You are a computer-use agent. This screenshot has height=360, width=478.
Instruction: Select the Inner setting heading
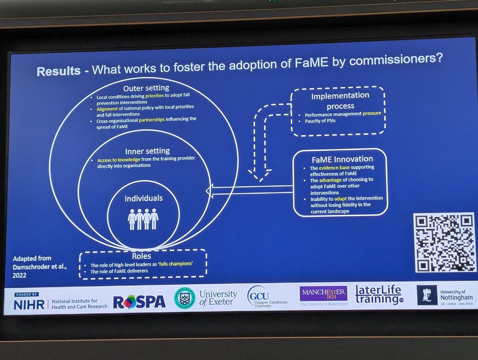147,151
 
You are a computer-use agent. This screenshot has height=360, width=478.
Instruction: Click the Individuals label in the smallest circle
143,198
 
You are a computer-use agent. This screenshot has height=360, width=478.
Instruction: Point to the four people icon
143,219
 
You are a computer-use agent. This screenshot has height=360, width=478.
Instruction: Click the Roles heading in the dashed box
141,257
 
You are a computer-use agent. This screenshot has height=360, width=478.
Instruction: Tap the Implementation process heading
340,101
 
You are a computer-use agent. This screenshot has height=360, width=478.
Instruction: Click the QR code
444,243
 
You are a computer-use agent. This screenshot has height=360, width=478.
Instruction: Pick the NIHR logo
32,304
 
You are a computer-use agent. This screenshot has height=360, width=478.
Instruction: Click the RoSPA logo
139,302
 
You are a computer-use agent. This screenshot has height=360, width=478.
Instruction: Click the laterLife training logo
378,295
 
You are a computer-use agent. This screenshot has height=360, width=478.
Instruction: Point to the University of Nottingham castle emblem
427,295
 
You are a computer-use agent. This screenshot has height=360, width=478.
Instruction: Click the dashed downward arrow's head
258,174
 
